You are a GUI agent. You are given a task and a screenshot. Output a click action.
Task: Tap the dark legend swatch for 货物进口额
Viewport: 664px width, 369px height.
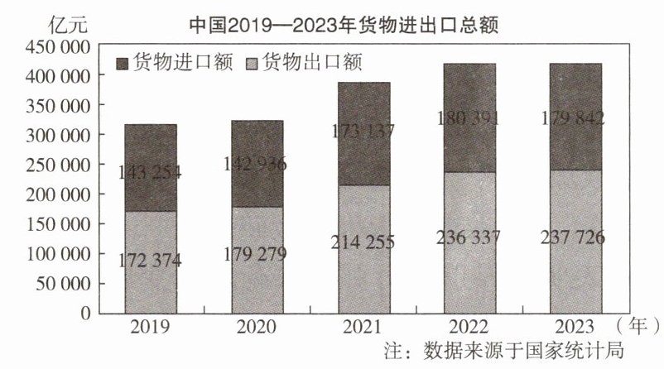tap(127, 63)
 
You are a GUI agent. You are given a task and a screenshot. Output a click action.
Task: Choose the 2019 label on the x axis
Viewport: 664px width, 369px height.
tap(150, 326)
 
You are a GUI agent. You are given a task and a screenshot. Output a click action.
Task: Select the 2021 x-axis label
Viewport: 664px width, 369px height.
tap(363, 326)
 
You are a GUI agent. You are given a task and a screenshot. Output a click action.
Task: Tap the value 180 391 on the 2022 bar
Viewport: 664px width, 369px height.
tap(468, 118)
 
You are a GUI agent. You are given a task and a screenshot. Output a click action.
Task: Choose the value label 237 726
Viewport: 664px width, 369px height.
tap(575, 238)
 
